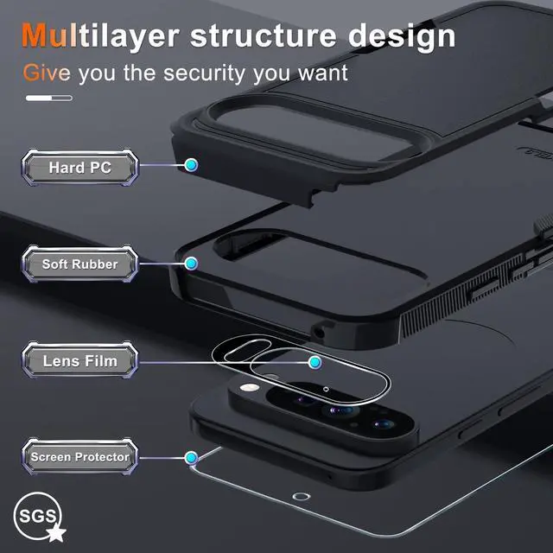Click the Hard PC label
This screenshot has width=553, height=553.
coord(80,167)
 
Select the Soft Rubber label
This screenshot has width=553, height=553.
coord(80,264)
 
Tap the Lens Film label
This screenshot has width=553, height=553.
coord(80,360)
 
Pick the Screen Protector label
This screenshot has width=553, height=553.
coord(80,456)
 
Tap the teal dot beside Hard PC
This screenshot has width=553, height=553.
coord(191,164)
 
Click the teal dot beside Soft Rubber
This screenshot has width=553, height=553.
coord(191,262)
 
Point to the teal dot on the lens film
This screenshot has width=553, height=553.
coord(315,361)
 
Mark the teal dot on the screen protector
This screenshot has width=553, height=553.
coord(191,457)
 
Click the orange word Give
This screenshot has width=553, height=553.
coord(48,72)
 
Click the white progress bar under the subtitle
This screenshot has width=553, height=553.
coord(48,99)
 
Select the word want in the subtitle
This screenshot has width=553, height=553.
coord(318,73)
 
